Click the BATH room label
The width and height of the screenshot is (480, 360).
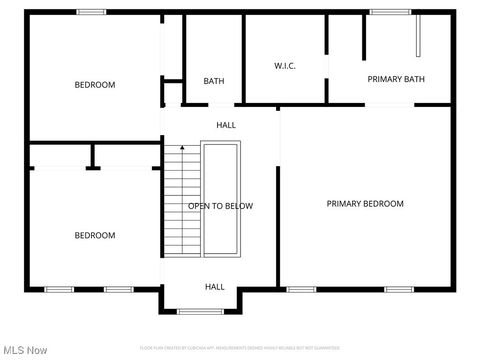pyautogui.click(x=214, y=81)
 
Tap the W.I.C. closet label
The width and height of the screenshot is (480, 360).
pyautogui.click(x=285, y=66)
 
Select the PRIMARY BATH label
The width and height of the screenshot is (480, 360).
pyautogui.click(x=396, y=79)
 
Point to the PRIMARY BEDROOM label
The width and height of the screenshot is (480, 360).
pyautogui.click(x=365, y=204)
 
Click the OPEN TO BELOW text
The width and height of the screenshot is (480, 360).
pyautogui.click(x=221, y=206)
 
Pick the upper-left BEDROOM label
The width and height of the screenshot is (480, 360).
pyautogui.click(x=95, y=85)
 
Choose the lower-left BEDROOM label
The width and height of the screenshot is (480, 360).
pyautogui.click(x=95, y=236)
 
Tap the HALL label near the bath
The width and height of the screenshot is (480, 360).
pyautogui.click(x=226, y=125)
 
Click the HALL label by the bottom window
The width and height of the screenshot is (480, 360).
pyautogui.click(x=215, y=287)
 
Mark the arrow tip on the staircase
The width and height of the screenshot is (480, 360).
pyautogui.click(x=182, y=148)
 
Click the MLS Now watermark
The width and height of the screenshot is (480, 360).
pyautogui.click(x=26, y=350)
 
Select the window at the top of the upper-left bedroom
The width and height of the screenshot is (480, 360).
pyautogui.click(x=92, y=12)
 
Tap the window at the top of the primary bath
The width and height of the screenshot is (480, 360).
pyautogui.click(x=390, y=12)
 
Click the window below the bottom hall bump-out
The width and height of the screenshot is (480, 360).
pyautogui.click(x=200, y=311)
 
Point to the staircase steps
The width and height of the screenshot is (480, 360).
pyautogui.click(x=182, y=200)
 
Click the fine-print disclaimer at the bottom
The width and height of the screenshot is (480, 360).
pyautogui.click(x=240, y=347)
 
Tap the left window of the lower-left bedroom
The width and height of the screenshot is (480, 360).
pyautogui.click(x=59, y=289)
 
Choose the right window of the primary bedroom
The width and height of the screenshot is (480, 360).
pyautogui.click(x=400, y=289)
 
